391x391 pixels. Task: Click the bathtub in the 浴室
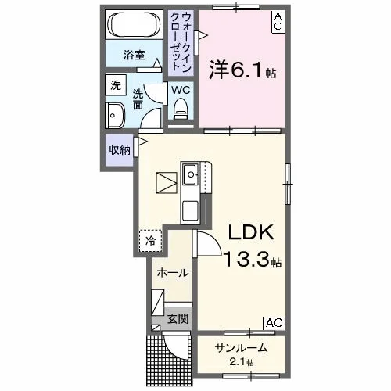coord(134,25)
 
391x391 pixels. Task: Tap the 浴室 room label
coord(134,55)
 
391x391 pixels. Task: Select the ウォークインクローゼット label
coord(181,43)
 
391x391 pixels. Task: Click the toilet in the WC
coord(181,109)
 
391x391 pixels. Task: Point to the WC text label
coord(181,90)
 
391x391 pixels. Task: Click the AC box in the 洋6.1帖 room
coord(278,22)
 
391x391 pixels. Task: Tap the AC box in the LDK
coord(274,323)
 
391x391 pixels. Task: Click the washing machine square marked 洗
coord(116,85)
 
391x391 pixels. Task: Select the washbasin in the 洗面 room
coord(115,115)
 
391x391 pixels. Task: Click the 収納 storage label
coord(120,150)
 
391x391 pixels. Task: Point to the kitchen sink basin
coord(191,174)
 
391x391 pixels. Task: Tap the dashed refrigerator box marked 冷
coord(150,241)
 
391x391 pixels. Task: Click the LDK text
coord(251,232)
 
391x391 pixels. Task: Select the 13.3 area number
coord(246,260)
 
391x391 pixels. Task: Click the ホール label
coord(173,273)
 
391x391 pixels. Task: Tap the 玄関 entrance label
coord(178,318)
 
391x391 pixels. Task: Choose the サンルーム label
coord(241,348)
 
